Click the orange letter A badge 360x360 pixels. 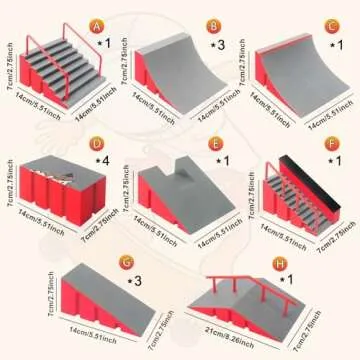click(96, 26)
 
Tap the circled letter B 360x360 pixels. click(213, 26)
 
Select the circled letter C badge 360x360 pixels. click(332, 26)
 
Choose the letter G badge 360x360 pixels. click(153, 262)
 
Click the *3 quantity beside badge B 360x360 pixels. click(217, 45)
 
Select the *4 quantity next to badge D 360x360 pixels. click(100, 161)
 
